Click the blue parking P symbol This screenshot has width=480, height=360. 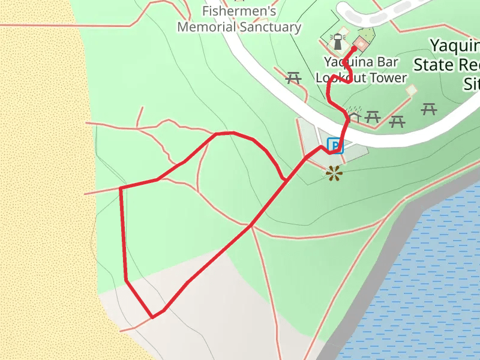(335, 145)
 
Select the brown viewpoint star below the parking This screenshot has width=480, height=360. (334, 173)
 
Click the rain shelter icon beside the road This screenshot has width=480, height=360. (355, 116)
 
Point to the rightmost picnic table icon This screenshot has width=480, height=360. (428, 109)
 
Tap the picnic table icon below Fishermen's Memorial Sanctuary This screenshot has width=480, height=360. (293, 77)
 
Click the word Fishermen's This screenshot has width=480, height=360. (239, 11)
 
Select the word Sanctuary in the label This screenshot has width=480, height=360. (270, 27)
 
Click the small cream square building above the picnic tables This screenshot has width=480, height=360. (411, 90)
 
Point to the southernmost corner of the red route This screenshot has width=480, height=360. (153, 317)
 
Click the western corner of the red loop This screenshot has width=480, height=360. (121, 188)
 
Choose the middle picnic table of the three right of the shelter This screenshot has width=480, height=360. (397, 122)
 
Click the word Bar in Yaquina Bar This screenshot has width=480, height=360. (384, 62)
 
